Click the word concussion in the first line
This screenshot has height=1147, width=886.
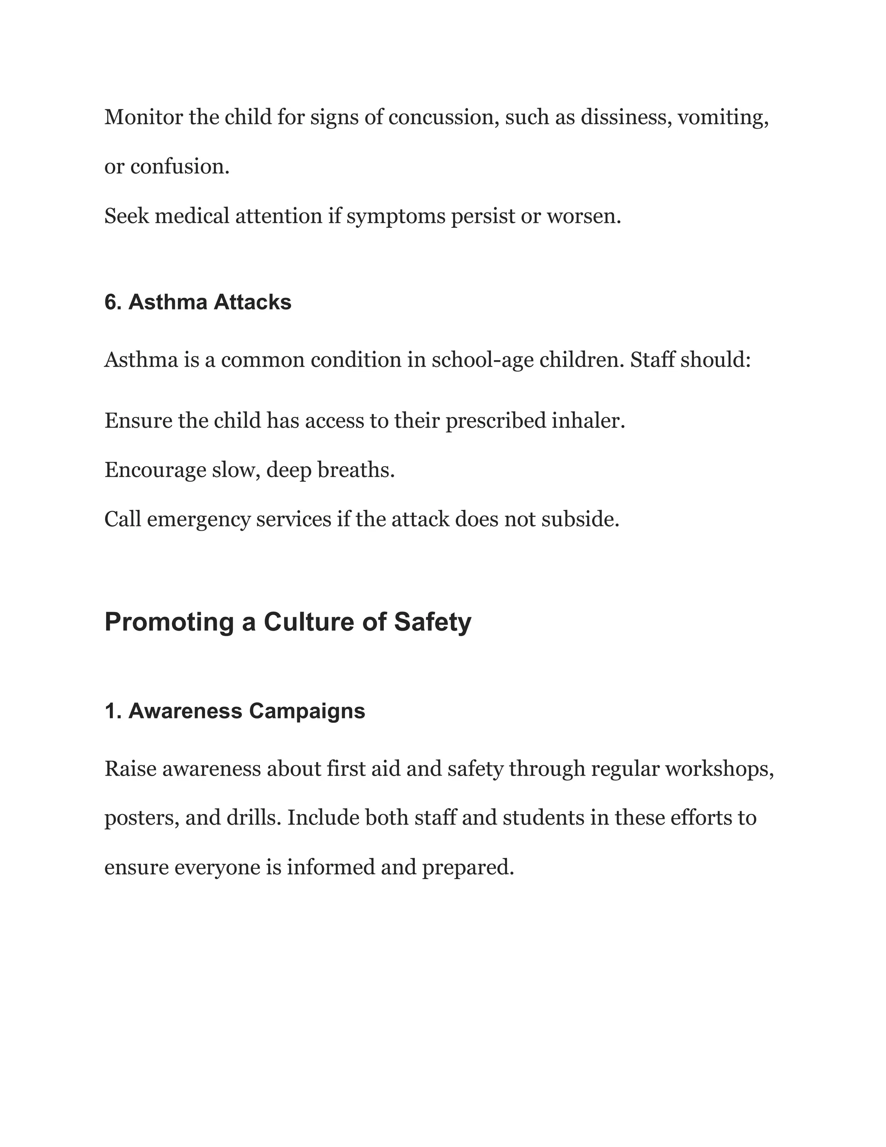tap(443, 117)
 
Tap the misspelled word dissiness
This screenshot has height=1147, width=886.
tap(626, 117)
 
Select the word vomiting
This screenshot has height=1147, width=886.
tap(723, 117)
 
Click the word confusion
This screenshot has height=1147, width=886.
tap(180, 167)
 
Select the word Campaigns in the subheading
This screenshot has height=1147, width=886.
tap(307, 711)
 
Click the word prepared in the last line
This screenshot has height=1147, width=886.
tap(467, 867)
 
